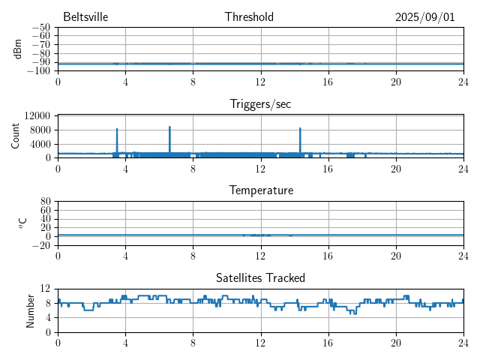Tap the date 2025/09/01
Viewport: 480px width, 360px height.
(424, 17)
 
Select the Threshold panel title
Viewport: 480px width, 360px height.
(249, 17)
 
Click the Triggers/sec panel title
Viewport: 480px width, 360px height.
(260, 104)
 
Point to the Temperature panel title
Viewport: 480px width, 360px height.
(260, 190)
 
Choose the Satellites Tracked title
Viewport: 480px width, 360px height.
(260, 277)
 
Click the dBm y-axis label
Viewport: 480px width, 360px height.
(18, 49)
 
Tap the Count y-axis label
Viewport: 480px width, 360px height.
(16, 136)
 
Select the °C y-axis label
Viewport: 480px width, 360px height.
(22, 223)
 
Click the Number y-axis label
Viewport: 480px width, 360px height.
(31, 310)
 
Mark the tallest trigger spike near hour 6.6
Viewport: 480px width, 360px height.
(169, 127)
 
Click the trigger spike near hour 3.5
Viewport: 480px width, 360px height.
(117, 129)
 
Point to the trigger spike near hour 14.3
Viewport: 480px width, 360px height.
(300, 128)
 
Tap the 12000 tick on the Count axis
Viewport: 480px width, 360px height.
(37, 115)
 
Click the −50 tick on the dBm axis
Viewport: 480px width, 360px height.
(39, 28)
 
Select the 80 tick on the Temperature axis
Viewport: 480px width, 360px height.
(45, 202)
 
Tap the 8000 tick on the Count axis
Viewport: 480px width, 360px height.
(40, 130)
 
